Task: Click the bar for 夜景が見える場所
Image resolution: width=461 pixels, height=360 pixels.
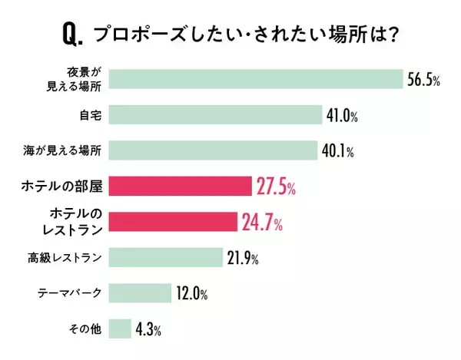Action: click(256, 79)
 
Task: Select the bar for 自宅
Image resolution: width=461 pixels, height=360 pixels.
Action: click(215, 115)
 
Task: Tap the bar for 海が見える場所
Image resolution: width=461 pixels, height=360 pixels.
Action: click(213, 150)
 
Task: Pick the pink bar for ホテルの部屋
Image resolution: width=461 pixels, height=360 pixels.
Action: click(180, 186)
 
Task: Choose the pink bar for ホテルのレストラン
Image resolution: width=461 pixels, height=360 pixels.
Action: click(173, 221)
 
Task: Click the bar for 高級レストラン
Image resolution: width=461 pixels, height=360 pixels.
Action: click(165, 257)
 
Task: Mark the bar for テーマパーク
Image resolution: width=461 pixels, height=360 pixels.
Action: click(140, 292)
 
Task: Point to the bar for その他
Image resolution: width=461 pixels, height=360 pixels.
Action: click(120, 329)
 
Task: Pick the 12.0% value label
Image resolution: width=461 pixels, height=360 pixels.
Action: click(192, 293)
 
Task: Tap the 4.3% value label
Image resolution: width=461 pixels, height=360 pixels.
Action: click(148, 330)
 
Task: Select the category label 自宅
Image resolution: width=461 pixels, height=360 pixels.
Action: click(90, 115)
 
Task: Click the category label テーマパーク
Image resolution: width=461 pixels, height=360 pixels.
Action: click(70, 293)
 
